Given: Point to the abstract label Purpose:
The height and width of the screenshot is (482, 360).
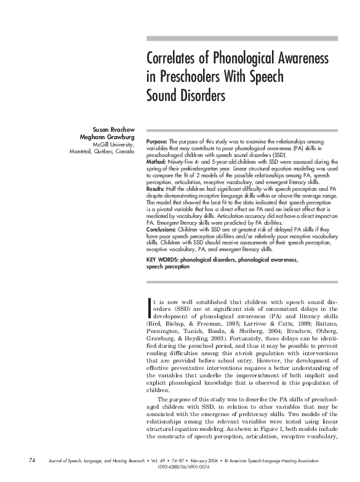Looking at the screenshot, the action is pos(157,142).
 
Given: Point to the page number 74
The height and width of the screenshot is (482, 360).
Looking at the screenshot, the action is pos(31,460).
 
